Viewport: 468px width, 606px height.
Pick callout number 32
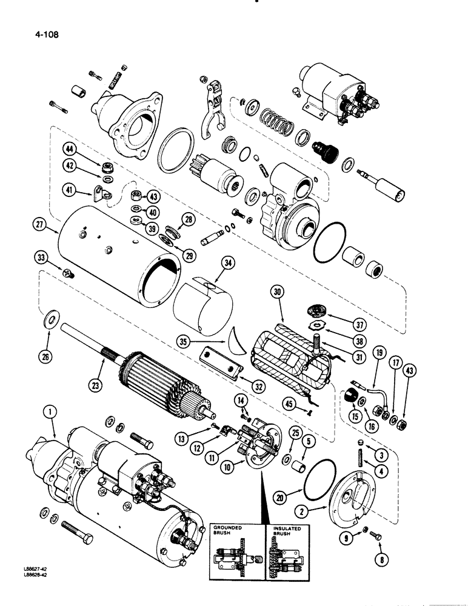point(242,383)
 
